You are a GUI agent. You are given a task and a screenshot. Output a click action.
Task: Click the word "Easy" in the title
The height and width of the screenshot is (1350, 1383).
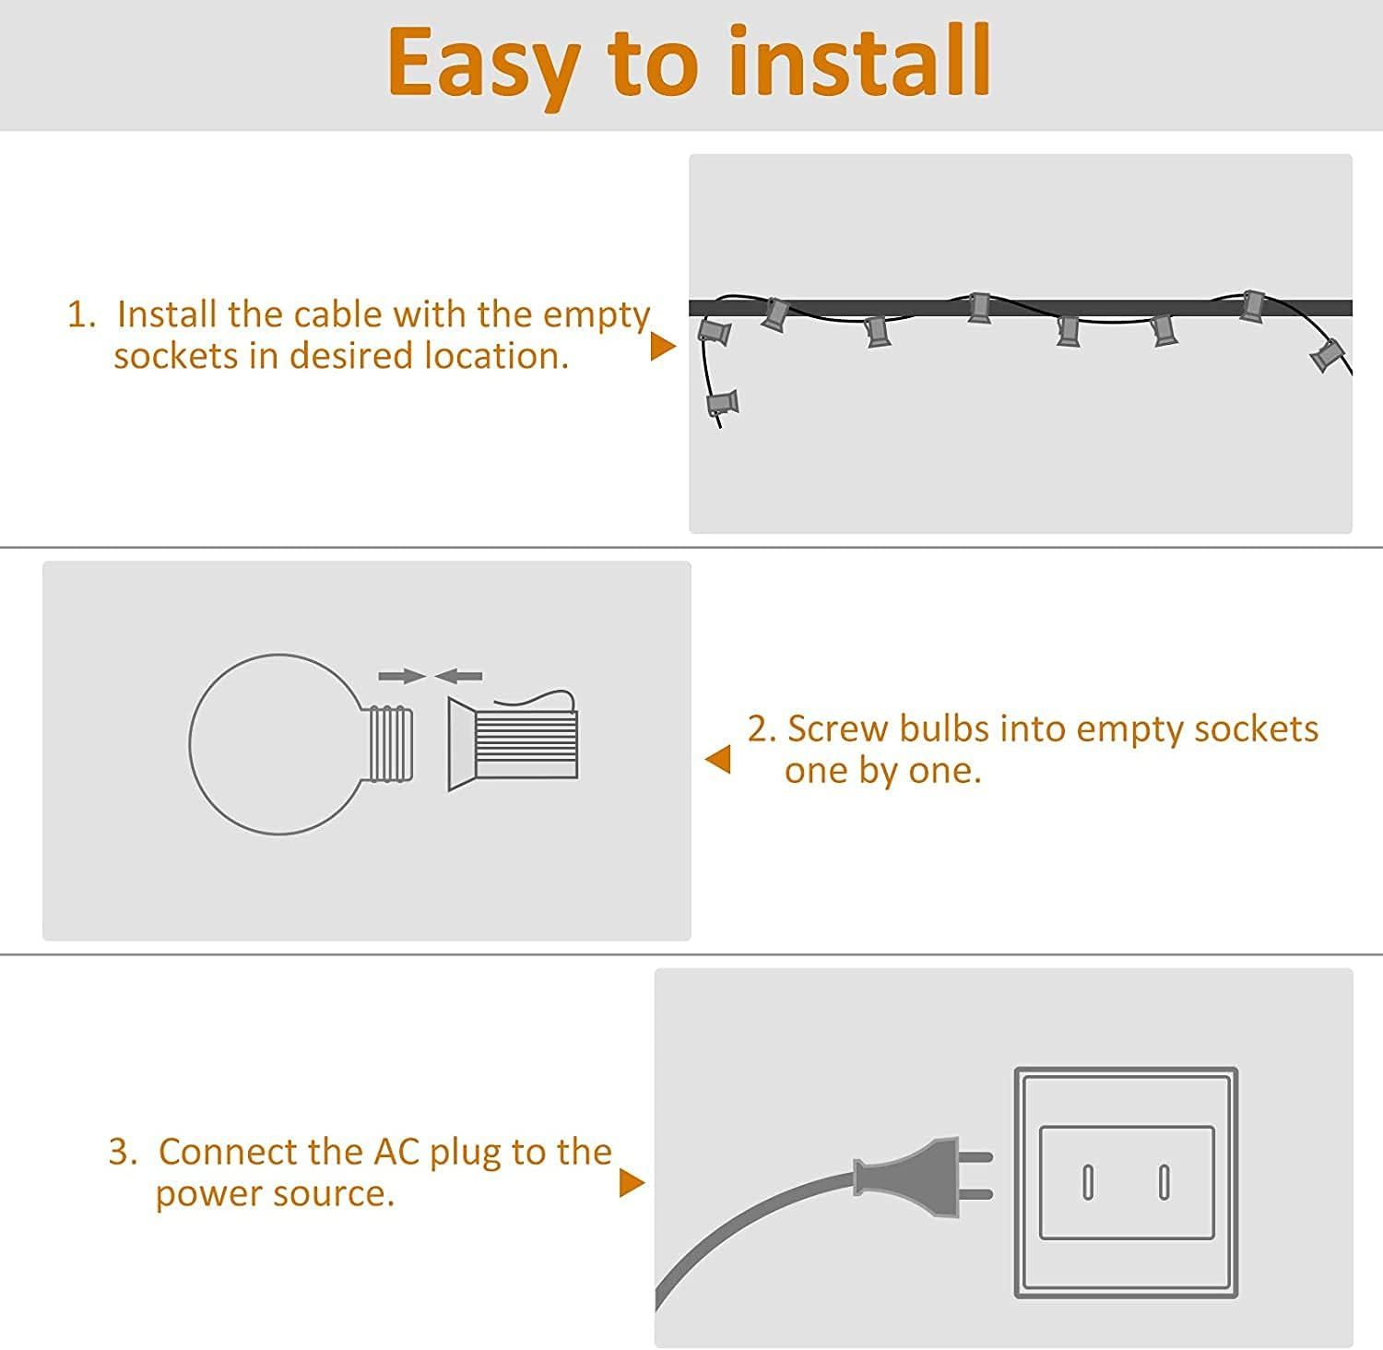tap(483, 65)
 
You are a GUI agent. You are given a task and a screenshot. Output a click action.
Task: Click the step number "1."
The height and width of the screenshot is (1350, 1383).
tap(81, 314)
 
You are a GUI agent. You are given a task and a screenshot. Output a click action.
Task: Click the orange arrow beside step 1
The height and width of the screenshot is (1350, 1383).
tap(663, 346)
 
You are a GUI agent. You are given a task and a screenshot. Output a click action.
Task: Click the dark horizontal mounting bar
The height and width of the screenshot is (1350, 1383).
tap(1020, 308)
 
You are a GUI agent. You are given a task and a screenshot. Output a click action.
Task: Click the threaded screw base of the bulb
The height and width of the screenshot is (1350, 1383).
tap(391, 743)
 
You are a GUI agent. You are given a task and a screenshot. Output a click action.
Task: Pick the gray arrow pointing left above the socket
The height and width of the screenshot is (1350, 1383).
tap(458, 677)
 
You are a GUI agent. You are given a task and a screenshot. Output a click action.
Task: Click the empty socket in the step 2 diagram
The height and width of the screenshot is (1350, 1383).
tap(513, 743)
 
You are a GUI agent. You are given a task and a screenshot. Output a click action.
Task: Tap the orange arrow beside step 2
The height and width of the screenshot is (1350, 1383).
tap(717, 759)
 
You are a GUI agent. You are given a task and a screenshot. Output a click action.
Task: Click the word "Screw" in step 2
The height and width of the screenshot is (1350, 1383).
tap(837, 728)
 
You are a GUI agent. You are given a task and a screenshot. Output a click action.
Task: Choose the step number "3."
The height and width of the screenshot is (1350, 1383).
tap(123, 1152)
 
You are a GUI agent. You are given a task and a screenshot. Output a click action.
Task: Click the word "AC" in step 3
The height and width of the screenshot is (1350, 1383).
tap(396, 1152)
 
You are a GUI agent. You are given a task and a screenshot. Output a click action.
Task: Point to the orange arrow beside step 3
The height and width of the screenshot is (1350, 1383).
tap(632, 1183)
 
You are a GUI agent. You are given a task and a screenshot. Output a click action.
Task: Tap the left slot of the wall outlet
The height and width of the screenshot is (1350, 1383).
tap(1088, 1182)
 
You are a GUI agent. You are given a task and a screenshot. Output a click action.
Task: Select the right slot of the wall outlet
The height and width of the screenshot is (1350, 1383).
tap(1164, 1182)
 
